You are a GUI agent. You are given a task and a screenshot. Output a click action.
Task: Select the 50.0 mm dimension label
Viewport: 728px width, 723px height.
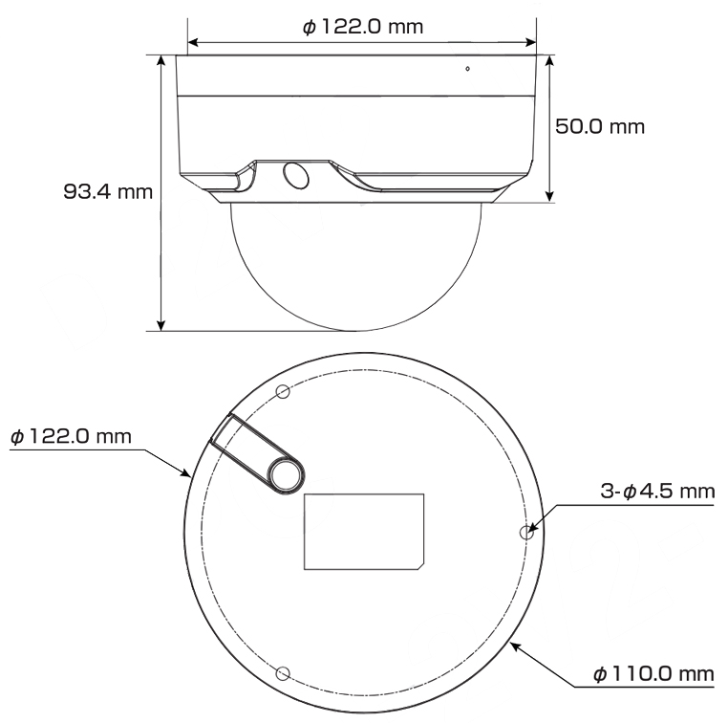coord(600,127)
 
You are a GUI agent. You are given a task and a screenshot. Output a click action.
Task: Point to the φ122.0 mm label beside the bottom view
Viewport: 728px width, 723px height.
coord(70,436)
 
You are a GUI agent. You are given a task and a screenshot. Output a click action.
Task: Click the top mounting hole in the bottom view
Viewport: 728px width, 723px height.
coord(282,391)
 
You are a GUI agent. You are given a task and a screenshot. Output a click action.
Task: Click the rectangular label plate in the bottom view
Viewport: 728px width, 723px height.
coord(363,531)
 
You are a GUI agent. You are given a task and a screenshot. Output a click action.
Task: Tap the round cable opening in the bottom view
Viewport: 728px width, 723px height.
coord(286,475)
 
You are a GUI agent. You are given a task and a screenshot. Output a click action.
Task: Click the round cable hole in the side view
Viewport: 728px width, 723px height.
coord(295,176)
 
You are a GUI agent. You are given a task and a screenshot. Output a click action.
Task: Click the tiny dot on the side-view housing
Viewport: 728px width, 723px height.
coord(467,69)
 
